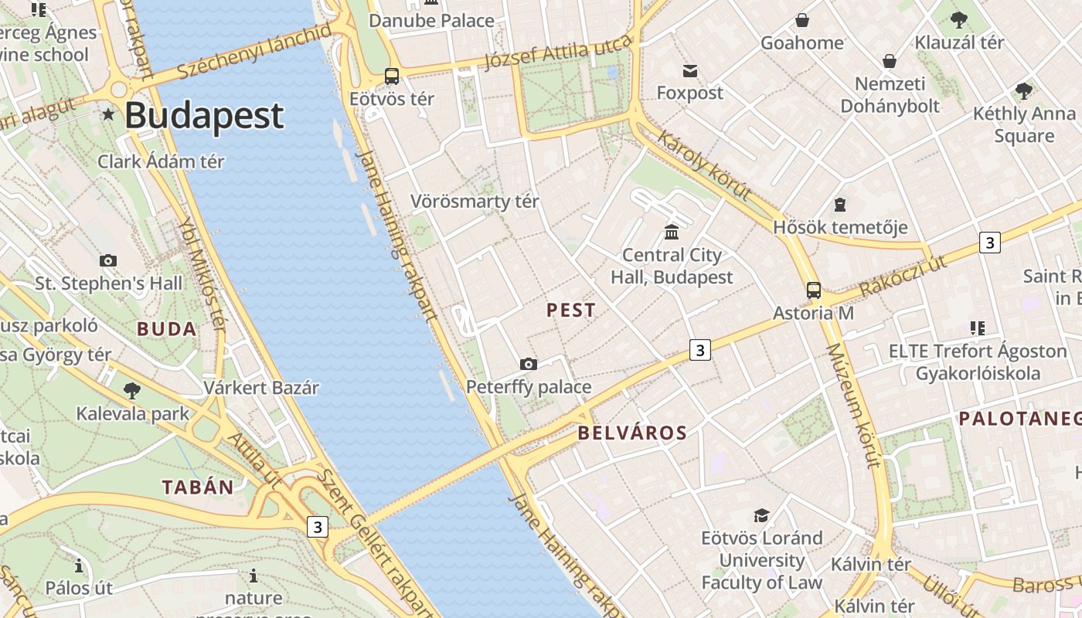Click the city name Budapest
[x=204, y=116]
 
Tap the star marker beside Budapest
[x=108, y=115]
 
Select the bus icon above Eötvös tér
[x=392, y=76]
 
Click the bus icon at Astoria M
[x=814, y=290]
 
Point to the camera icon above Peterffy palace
[x=529, y=364]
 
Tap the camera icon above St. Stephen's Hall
[x=108, y=260]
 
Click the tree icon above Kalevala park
[x=132, y=390]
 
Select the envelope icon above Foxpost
[x=690, y=71]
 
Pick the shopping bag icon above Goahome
[x=802, y=20]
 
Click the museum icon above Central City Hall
[x=672, y=232]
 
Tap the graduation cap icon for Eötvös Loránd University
[x=762, y=515]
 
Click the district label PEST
[x=571, y=311]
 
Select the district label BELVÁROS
[x=632, y=433]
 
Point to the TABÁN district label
[x=198, y=487]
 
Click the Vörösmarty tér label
[x=475, y=202]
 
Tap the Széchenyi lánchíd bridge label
[x=254, y=51]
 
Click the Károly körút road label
[x=704, y=165]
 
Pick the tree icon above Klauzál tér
[x=959, y=20]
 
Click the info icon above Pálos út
[x=78, y=565]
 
